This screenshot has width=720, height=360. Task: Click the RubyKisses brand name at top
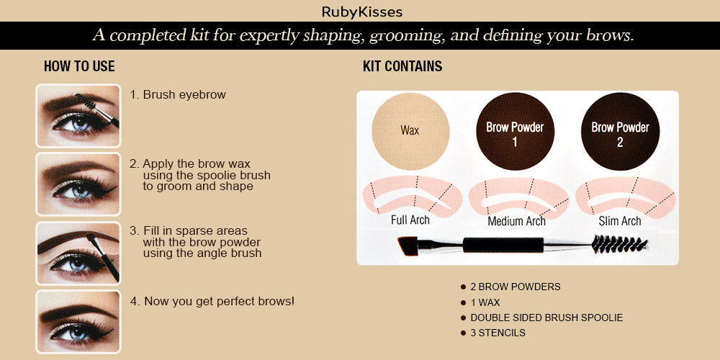[x=362, y=12]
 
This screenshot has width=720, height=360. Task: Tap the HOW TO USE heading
[x=79, y=67]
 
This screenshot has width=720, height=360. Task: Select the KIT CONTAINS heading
[x=402, y=67]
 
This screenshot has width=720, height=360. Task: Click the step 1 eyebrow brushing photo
[x=78, y=115]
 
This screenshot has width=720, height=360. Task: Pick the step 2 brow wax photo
[x=78, y=184]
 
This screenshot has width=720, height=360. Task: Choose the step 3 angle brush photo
[x=78, y=253]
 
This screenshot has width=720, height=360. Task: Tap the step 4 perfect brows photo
[x=78, y=320]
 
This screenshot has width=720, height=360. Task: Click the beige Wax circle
[x=410, y=131]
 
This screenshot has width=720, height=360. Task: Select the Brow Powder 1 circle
[x=515, y=132]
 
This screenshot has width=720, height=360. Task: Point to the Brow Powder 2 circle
[x=620, y=132]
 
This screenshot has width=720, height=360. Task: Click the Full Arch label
[x=410, y=220]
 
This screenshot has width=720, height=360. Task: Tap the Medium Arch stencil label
[x=516, y=221]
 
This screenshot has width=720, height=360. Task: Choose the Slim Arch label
[x=620, y=221]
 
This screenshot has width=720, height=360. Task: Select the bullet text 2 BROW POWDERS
[x=515, y=287]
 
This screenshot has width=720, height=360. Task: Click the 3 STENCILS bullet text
[x=498, y=333]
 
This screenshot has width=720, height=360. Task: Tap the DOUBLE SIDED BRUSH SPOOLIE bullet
[x=546, y=318]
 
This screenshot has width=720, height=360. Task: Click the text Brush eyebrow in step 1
[x=184, y=94]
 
